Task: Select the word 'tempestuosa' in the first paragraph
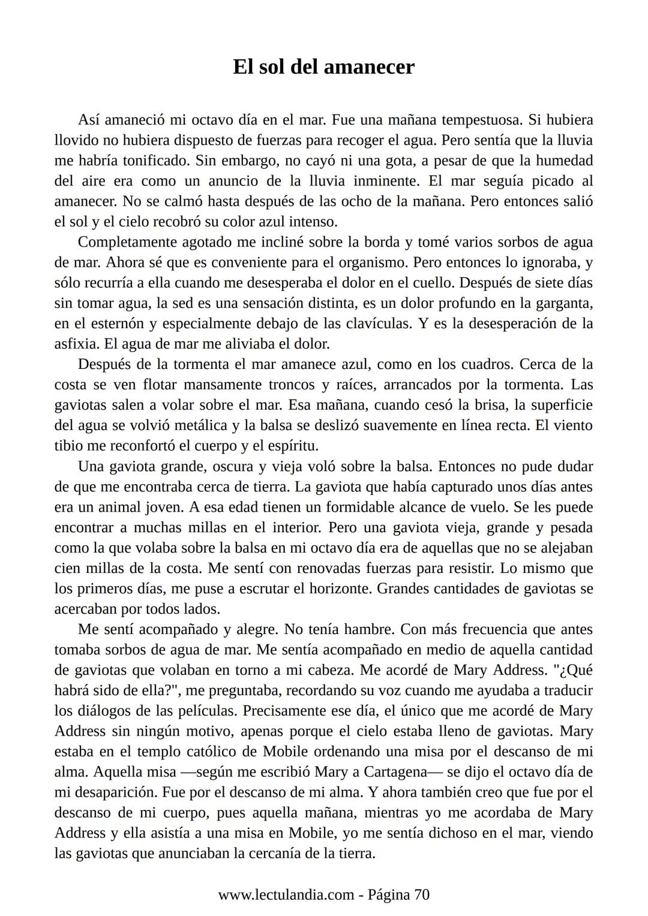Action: tap(476, 120)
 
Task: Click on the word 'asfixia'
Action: tap(76, 344)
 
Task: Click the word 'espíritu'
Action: tap(291, 446)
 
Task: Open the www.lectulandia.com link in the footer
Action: tap(286, 896)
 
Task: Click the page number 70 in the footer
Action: tap(422, 896)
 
